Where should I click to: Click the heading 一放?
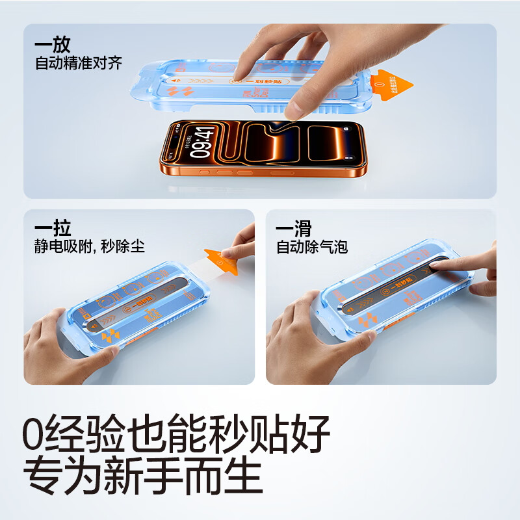(x=53, y=45)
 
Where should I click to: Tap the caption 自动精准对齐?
(x=79, y=64)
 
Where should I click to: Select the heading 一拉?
(x=53, y=229)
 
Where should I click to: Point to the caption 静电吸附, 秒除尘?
(x=90, y=247)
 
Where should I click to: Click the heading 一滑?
(x=294, y=229)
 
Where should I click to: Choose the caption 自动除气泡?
(x=312, y=247)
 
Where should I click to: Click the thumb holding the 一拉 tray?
(x=97, y=354)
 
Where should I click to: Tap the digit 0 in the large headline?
(x=36, y=432)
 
